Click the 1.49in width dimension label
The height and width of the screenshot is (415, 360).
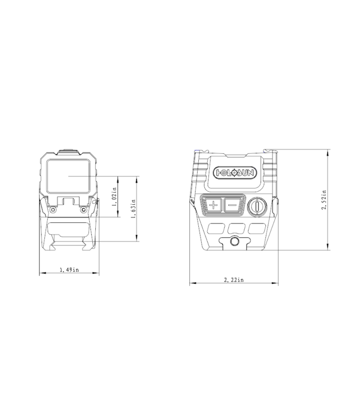(x=69, y=270)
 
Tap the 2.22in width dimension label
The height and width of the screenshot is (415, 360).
(x=233, y=281)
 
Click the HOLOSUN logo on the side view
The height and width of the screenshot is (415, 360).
(x=235, y=173)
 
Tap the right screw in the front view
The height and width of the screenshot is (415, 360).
(x=83, y=210)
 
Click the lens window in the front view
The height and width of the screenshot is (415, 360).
(x=68, y=176)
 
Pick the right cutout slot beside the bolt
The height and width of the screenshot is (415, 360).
(x=255, y=227)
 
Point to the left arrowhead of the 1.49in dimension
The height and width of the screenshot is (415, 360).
(x=40, y=274)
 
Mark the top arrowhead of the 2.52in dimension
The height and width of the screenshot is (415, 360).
(x=330, y=149)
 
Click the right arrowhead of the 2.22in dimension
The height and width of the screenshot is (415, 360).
(x=278, y=284)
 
